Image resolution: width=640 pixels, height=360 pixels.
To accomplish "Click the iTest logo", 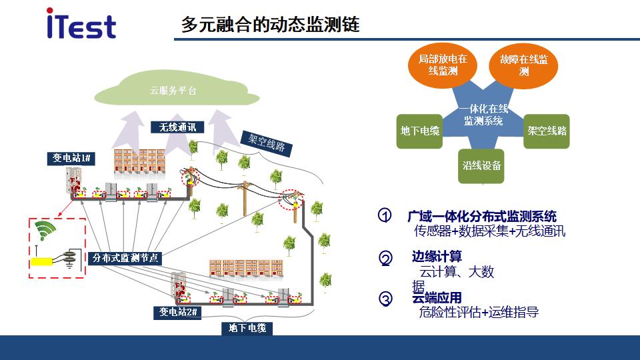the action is [81, 24].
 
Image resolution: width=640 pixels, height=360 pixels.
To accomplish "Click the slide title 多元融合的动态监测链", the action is [270, 24].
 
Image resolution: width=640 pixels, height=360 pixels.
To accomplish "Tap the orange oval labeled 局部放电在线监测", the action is [443, 65].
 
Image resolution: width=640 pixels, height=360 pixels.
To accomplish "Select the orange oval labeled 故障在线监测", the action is [523, 66].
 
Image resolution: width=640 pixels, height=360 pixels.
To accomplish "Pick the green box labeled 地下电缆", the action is [419, 131].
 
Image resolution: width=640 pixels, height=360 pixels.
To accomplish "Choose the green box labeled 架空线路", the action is [547, 131].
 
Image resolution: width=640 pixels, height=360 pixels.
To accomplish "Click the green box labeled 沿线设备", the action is [481, 166].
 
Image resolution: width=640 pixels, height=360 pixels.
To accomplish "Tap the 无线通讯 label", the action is [177, 127].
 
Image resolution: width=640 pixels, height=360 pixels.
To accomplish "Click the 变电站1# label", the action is [71, 159].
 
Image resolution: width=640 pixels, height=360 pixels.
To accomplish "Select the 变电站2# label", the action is [177, 313].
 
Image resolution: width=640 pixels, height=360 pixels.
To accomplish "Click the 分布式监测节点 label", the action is [125, 258].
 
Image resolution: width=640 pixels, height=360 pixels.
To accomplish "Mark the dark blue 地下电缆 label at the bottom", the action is [247, 328].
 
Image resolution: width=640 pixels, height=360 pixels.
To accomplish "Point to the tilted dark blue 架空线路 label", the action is [267, 143].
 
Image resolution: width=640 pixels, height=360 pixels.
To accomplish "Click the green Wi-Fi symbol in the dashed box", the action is [45, 230].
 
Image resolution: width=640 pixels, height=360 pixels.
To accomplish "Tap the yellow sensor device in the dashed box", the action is [41, 261].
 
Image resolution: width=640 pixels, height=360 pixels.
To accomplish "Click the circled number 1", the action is [385, 215].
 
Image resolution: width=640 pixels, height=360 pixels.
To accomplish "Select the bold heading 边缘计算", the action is [437, 256].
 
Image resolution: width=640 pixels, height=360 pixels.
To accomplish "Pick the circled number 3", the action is [386, 299].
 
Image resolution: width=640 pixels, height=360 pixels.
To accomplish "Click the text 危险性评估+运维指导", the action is [479, 312].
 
